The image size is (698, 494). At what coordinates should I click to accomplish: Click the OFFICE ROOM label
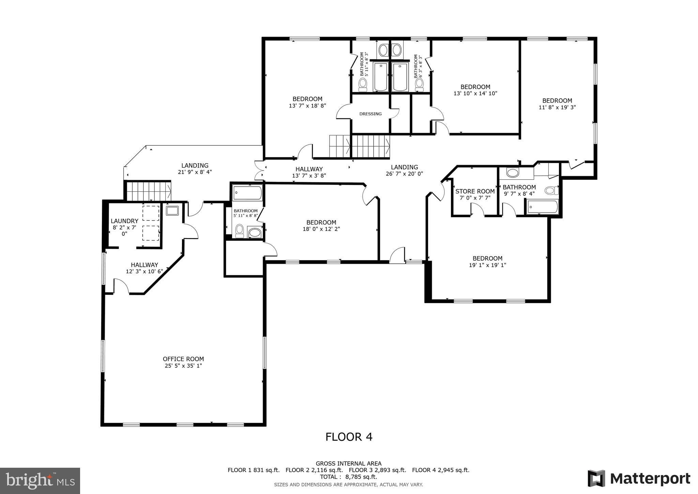(183, 359)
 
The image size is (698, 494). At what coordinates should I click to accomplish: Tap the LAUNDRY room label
(124, 221)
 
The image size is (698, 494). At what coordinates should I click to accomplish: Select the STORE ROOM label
(475, 191)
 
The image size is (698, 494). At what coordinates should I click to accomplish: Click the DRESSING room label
(370, 114)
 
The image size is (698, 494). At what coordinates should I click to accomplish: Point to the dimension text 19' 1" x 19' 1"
(487, 265)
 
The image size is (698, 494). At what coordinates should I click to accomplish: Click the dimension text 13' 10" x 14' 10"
(475, 93)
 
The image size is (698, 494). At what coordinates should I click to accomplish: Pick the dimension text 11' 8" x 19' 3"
(557, 107)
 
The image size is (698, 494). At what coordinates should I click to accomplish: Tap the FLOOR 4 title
(349, 437)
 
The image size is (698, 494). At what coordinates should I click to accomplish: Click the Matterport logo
(639, 479)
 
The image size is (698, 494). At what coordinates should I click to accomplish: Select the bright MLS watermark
(40, 481)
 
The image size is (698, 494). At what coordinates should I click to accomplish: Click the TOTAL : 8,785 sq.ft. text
(348, 477)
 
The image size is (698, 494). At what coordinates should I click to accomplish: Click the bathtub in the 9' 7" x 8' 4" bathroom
(542, 207)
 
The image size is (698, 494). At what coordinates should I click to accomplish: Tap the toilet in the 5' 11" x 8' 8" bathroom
(240, 230)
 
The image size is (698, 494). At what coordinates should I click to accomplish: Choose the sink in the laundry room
(172, 210)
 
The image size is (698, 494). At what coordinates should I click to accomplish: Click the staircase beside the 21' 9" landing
(149, 191)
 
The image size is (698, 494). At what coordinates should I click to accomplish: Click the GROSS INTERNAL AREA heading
(348, 464)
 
